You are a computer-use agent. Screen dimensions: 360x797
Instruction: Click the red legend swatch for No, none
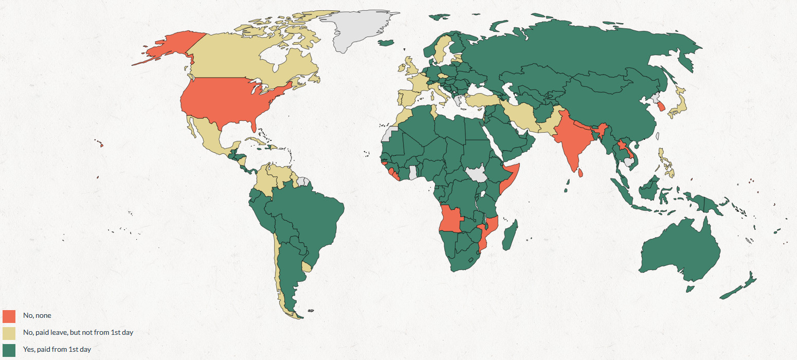coord(9,316)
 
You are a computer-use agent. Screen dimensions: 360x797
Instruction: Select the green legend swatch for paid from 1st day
coord(9,350)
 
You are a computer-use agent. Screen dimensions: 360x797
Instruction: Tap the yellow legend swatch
coord(9,333)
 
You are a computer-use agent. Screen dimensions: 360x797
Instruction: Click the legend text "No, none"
coord(37,316)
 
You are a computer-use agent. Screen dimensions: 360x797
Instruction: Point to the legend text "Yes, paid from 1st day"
coord(57,350)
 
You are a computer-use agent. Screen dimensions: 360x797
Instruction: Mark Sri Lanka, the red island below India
coord(581,173)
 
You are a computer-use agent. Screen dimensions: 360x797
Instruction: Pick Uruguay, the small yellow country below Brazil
coord(306,267)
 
